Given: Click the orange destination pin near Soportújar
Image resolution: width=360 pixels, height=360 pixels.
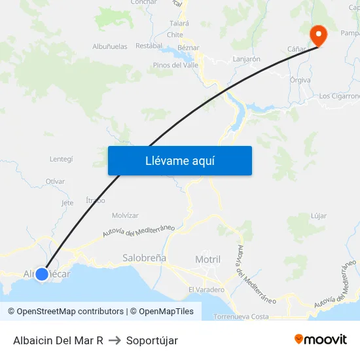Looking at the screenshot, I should pos(318,35).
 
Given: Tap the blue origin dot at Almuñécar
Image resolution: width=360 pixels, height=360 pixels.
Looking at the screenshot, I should pos(41,274).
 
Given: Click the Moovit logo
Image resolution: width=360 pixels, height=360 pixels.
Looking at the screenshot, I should pos(321,340).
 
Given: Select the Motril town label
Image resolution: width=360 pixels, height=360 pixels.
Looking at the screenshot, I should pos(208,259).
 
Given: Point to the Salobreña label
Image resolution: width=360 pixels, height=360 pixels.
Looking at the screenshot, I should pos(145,258).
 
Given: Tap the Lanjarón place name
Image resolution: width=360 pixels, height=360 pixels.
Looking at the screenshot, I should pos(247,59).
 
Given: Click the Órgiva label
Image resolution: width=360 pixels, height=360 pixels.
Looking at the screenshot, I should pos(300,80).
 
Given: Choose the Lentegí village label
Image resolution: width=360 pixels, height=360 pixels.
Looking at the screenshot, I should pos(61,159).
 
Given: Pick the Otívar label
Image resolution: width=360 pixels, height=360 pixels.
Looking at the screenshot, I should pos(56,181).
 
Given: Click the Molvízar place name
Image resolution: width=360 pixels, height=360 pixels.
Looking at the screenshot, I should pos(125,215).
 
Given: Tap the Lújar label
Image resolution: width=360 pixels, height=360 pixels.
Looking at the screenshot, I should pos(319,215).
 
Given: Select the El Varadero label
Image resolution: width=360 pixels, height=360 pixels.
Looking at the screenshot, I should pos(206,289).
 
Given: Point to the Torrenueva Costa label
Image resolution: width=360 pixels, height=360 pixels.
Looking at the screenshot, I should pos(242,316).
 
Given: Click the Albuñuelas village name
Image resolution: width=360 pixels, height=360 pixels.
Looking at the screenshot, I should pos(110,46).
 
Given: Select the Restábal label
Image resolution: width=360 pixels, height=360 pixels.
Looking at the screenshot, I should pos(149,46).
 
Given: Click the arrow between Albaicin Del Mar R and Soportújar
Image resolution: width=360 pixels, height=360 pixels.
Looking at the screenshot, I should pos(115,340).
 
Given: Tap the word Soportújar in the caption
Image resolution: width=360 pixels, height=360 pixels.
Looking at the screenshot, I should pos(152,340).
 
